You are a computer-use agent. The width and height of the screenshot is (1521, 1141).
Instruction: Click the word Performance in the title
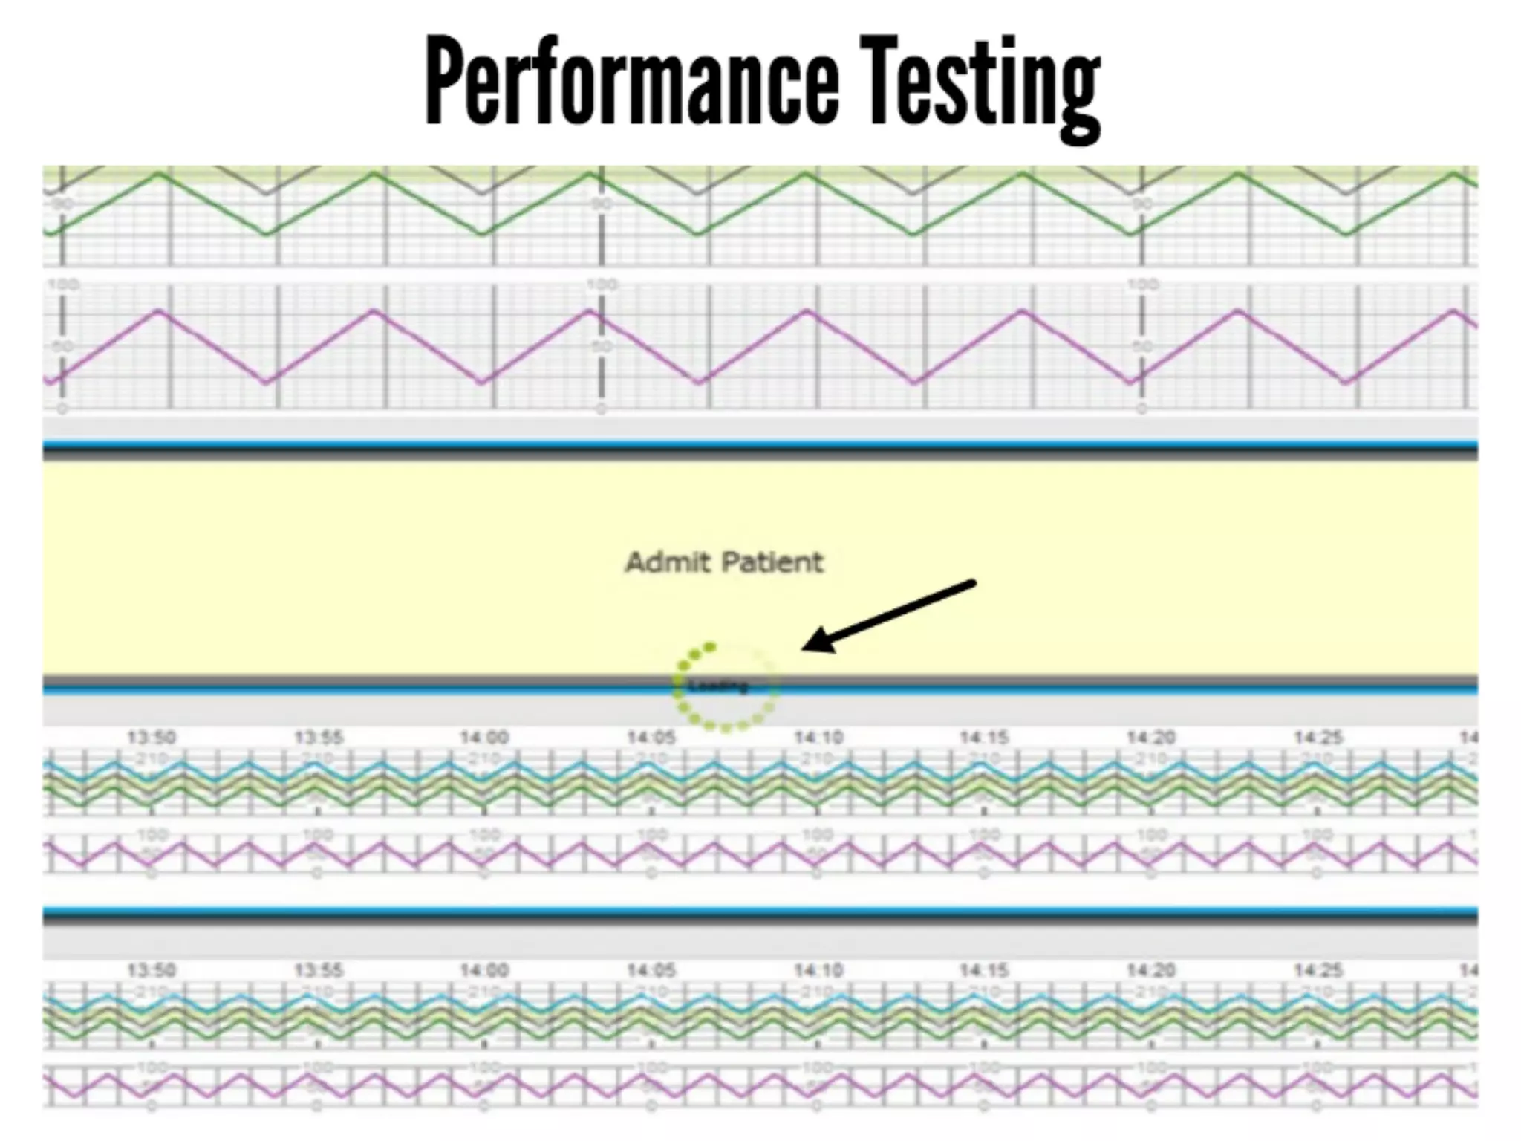tap(631, 82)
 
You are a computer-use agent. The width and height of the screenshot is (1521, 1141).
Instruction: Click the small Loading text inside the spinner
tap(717, 686)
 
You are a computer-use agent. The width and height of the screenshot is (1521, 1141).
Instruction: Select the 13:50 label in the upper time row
tap(152, 738)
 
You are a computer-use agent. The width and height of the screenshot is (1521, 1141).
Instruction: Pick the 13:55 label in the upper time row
tap(319, 738)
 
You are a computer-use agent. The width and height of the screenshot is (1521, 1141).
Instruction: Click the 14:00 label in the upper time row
tap(484, 738)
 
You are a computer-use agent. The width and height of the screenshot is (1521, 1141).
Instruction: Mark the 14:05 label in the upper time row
tap(651, 738)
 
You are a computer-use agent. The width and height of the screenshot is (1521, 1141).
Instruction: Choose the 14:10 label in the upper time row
tap(818, 738)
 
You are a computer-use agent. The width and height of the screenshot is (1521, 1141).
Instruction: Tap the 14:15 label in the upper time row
tap(984, 738)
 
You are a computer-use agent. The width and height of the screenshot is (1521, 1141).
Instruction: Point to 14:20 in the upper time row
tap(1151, 738)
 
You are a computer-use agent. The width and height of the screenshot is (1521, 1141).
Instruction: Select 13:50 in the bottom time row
tap(152, 970)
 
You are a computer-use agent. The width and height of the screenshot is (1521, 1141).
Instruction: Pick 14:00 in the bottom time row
tap(484, 970)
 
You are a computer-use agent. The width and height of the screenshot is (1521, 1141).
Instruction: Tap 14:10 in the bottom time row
tap(818, 970)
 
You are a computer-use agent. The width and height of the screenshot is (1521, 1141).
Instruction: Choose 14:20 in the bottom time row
tap(1151, 970)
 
